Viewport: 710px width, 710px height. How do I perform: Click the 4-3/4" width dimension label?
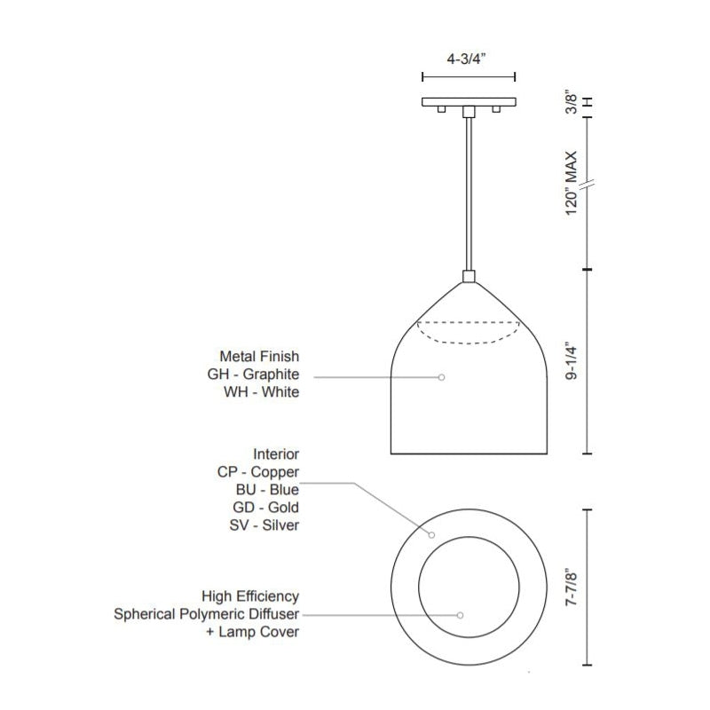point(467,59)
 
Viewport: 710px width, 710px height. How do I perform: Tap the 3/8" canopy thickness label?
point(572,104)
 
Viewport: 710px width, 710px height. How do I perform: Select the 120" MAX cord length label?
point(572,184)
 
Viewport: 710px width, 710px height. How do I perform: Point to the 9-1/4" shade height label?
point(572,363)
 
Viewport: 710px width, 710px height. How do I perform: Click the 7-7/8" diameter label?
point(572,589)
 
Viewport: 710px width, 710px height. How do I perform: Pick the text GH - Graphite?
point(253,375)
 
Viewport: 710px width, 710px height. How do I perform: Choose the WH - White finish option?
point(261,392)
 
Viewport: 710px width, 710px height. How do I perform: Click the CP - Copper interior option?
point(258,472)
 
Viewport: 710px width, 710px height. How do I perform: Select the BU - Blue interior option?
point(267,490)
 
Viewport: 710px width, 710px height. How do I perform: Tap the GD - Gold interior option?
point(265,508)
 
